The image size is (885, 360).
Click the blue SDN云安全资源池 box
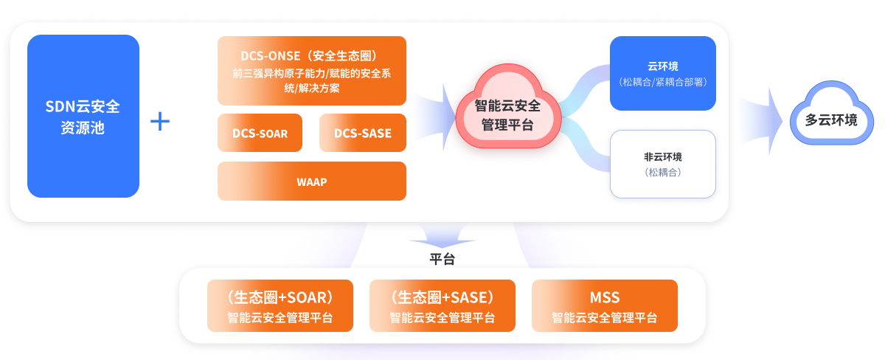pos(83,116)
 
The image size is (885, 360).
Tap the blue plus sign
pos(160,122)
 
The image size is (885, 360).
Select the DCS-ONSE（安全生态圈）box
pos(311,71)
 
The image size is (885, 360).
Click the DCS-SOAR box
pos(260,133)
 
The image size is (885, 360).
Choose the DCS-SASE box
pos(362,133)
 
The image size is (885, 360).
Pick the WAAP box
pos(311,181)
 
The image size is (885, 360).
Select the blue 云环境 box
pos(663,73)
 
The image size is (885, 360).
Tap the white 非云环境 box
pos(663,164)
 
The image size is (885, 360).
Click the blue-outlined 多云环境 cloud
pos(830,120)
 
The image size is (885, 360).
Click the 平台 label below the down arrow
pos(442,259)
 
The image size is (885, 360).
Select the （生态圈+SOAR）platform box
pos(280,306)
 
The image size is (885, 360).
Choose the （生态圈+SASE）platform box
pos(442,306)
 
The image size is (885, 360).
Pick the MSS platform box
pos(604,306)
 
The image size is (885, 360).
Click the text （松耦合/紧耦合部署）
pos(663,81)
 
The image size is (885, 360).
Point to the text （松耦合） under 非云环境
pos(663,173)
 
